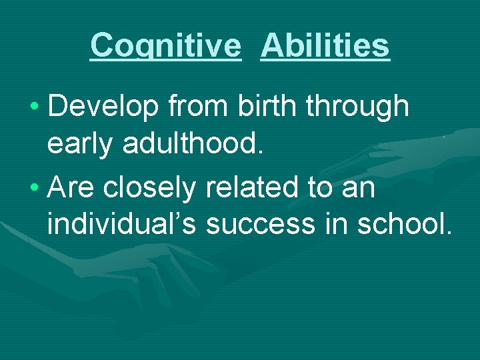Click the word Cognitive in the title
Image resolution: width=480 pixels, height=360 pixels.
pyautogui.click(x=165, y=46)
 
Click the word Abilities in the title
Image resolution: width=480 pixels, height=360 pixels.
pyautogui.click(x=325, y=46)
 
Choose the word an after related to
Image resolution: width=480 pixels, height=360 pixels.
pyautogui.click(x=358, y=190)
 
